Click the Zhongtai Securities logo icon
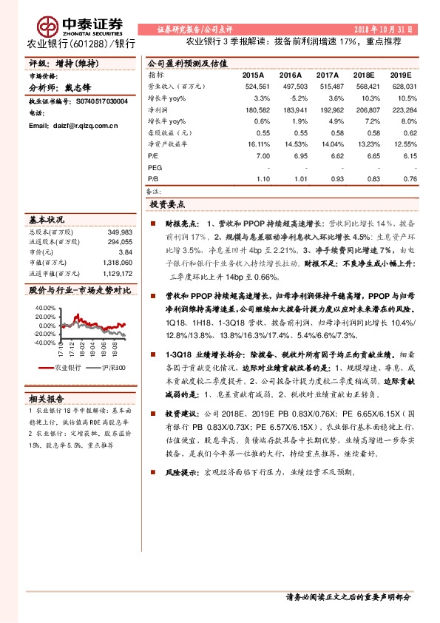point(49,27)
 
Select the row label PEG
point(155,168)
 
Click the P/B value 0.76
point(405,178)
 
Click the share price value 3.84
point(125,252)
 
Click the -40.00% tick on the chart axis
point(44,343)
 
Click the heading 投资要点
point(166,203)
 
